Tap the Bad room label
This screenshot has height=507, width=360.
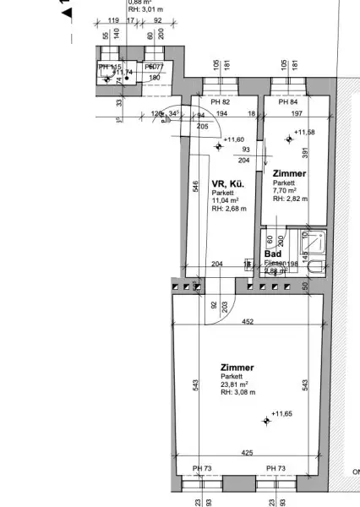click(272, 253)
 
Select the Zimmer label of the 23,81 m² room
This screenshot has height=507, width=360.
click(237, 368)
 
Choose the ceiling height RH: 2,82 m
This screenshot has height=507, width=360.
click(290, 199)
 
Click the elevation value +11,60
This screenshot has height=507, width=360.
click(234, 139)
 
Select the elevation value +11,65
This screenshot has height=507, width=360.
click(281, 415)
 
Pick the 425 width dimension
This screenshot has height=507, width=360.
click(247, 454)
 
